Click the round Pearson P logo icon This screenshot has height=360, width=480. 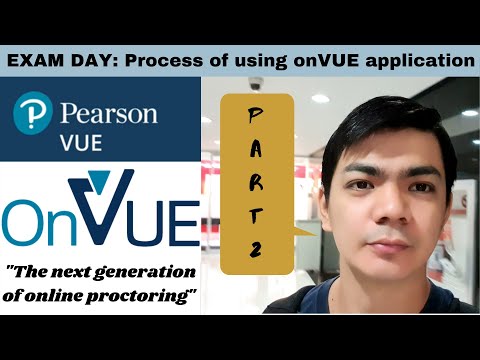(31, 115)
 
